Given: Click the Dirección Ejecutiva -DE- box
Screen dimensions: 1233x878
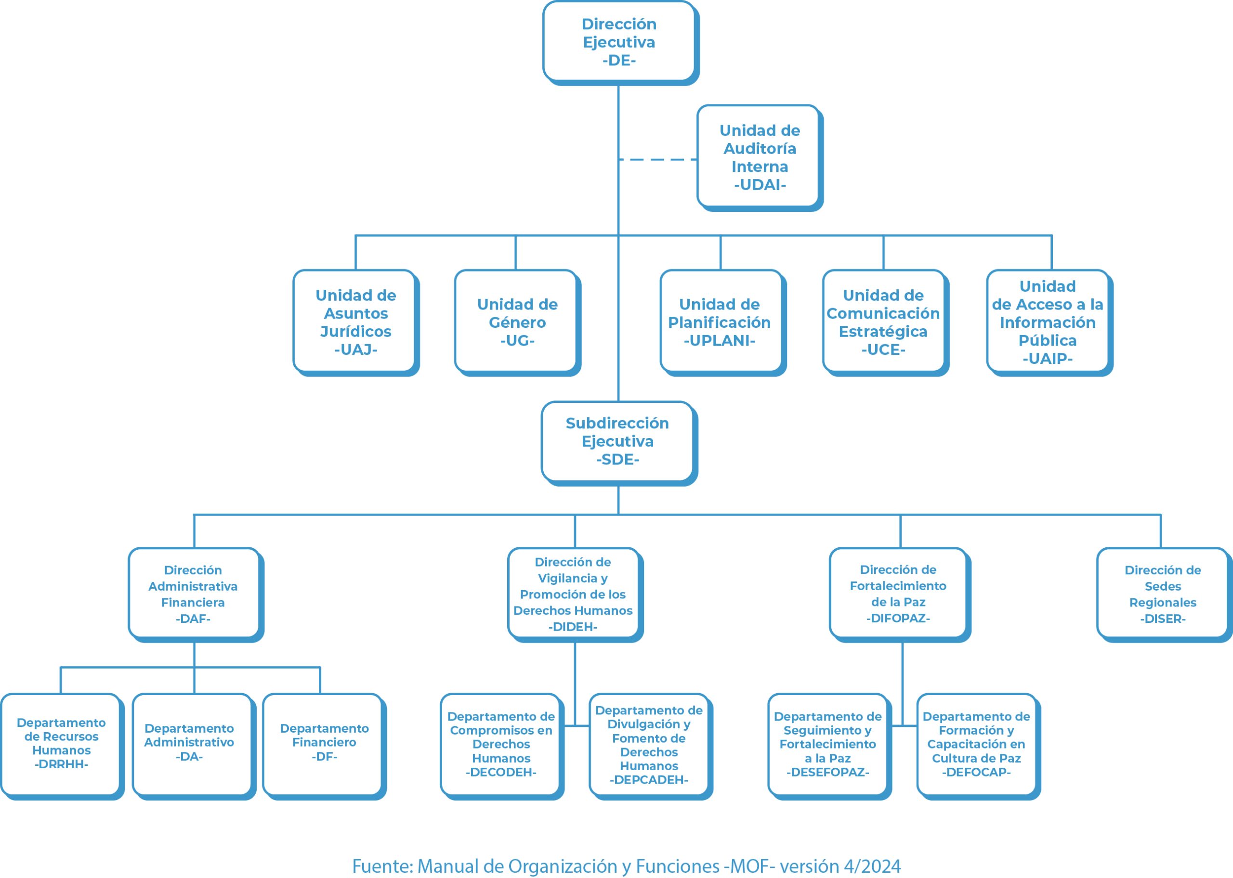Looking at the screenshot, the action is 620,43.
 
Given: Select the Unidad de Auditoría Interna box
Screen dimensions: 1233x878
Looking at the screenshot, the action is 760,158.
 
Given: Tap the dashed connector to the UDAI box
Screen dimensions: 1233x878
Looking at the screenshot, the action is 657,159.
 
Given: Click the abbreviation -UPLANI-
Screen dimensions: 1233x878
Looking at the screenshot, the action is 719,341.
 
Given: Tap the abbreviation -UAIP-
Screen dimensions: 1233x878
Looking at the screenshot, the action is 1047,359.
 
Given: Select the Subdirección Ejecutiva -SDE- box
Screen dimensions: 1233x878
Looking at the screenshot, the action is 619,443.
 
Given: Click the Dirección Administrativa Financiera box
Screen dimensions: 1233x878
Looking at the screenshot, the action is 196,594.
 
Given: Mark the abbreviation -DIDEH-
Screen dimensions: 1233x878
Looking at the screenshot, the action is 573,627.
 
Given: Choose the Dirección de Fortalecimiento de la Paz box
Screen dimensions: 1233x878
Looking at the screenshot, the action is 900,594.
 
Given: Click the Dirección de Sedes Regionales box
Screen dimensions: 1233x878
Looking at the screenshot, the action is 1164,594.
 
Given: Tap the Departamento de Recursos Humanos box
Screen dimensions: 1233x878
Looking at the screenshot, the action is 62,746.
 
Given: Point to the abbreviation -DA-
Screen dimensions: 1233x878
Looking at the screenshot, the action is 189,756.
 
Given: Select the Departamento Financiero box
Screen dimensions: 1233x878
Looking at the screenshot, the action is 325,746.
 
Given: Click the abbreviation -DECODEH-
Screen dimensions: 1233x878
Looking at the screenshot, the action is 501,772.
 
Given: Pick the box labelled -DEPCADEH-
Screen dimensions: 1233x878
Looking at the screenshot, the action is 651,746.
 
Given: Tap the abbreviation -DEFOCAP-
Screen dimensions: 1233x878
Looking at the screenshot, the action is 976,772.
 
